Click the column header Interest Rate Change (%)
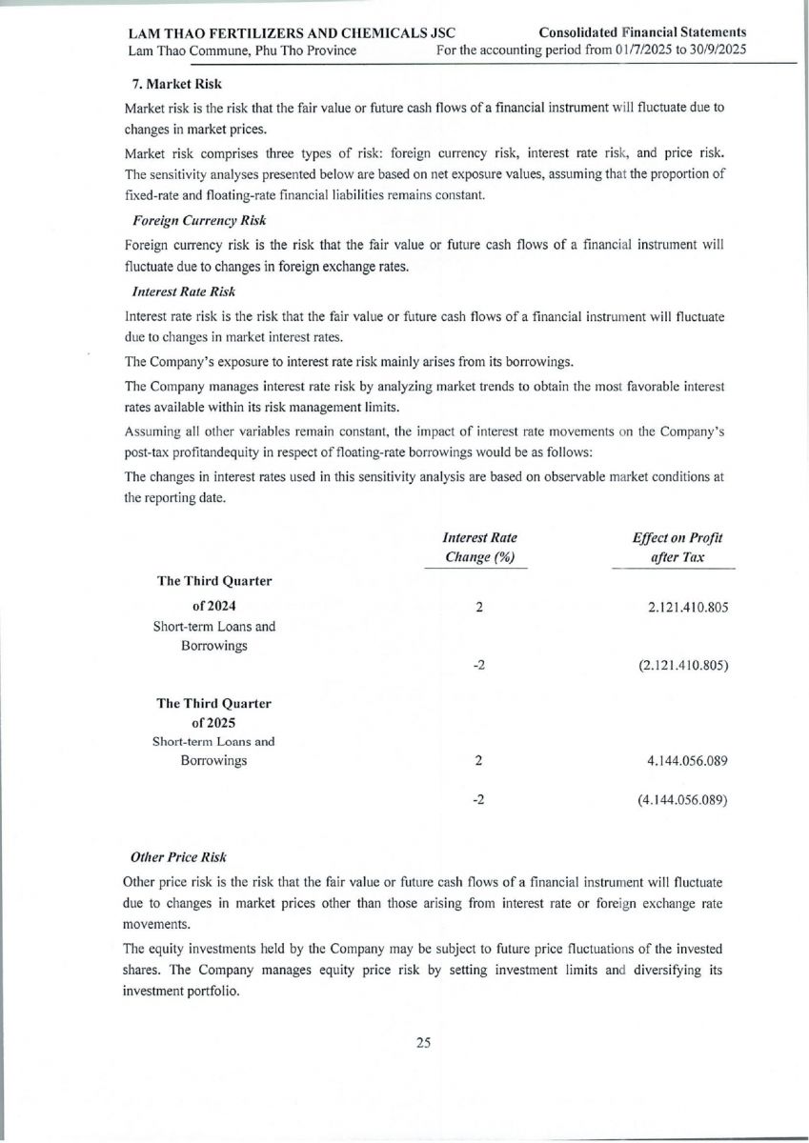pyautogui.click(x=480, y=548)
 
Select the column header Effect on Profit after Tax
pyautogui.click(x=677, y=548)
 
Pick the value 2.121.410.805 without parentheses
pyautogui.click(x=681, y=607)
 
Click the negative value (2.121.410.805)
pyautogui.click(x=681, y=666)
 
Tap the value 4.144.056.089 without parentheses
pyautogui.click(x=681, y=761)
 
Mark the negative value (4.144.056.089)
pyautogui.click(x=681, y=801)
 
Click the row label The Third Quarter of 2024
pyautogui.click(x=213, y=593)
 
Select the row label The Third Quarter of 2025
pyautogui.click(x=213, y=712)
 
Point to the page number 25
pyautogui.click(x=424, y=1042)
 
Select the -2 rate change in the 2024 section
pyautogui.click(x=479, y=666)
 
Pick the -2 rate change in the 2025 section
pyautogui.click(x=479, y=801)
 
